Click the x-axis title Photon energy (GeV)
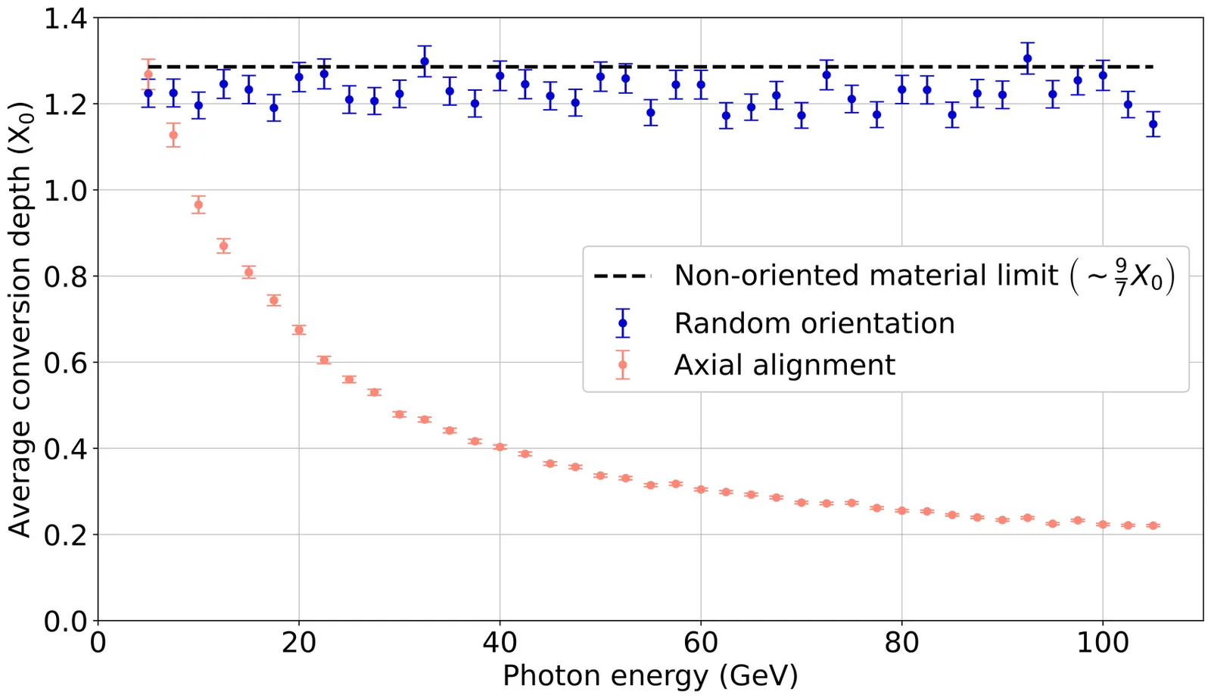click(650, 675)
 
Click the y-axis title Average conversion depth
click(20, 318)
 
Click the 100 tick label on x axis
click(1102, 643)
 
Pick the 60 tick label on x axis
click(700, 643)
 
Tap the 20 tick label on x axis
click(298, 643)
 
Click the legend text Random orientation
click(814, 323)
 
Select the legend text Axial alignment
click(785, 365)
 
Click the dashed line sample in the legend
click(622, 276)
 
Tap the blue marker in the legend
click(623, 323)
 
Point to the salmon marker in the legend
click(623, 365)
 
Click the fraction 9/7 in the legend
click(1121, 276)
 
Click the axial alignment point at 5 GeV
click(148, 74)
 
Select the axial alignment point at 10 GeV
click(198, 204)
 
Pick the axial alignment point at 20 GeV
click(299, 329)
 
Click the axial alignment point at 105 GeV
click(1153, 525)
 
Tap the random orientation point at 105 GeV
click(1153, 124)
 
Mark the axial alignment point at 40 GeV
click(500, 447)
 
